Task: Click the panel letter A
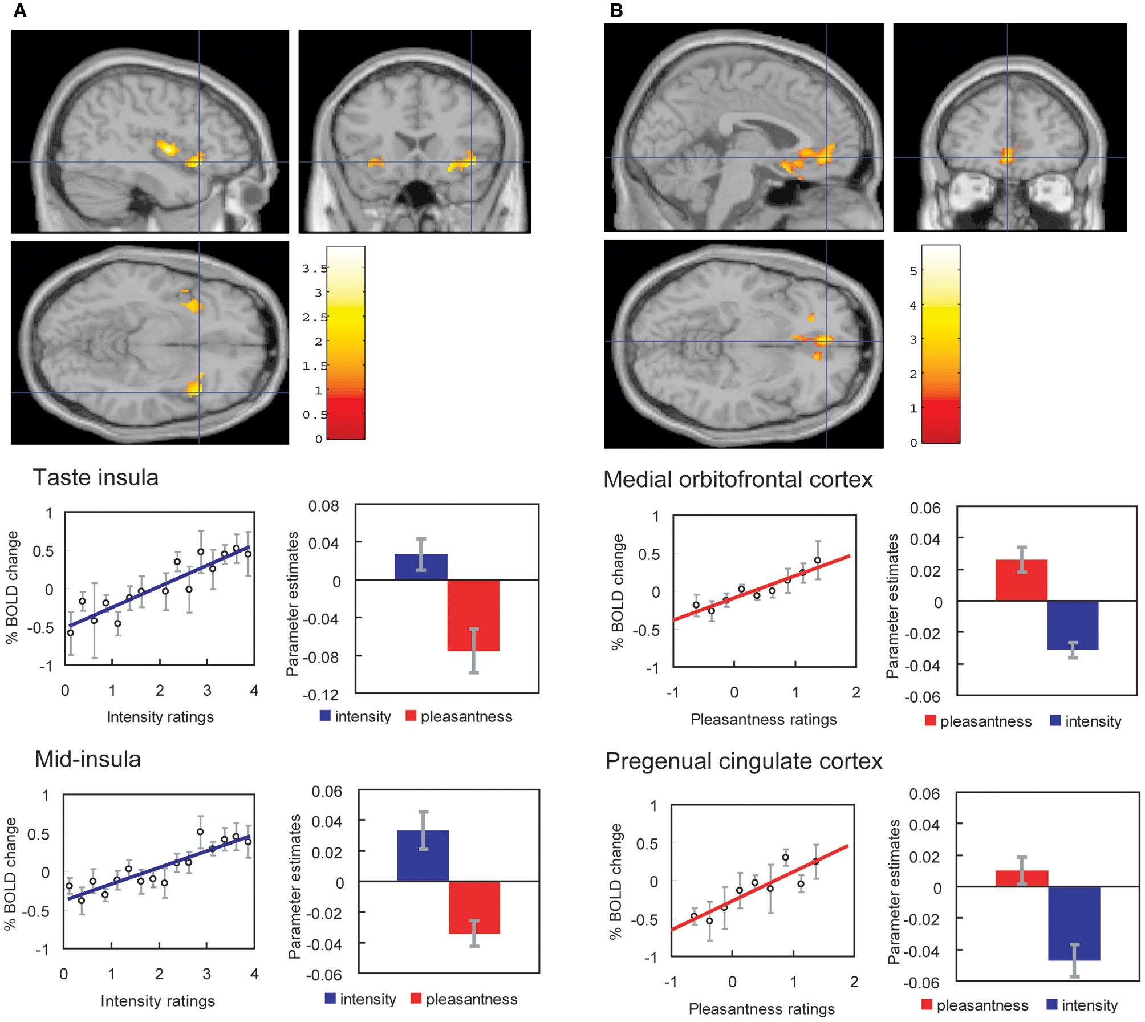click(19, 10)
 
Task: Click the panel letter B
click(616, 10)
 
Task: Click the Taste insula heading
click(95, 477)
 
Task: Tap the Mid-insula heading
click(88, 759)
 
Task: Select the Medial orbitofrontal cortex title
click(737, 479)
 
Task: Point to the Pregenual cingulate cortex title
click(744, 761)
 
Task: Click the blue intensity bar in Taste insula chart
click(421, 566)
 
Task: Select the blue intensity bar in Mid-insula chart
click(423, 855)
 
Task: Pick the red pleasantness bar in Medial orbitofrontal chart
click(1021, 580)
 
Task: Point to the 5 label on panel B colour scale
click(913, 271)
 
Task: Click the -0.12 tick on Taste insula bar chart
click(320, 695)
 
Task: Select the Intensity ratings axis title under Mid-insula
click(157, 1001)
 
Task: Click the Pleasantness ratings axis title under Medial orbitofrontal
click(763, 719)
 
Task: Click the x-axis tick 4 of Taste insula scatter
click(254, 691)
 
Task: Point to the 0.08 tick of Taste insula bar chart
click(323, 506)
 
